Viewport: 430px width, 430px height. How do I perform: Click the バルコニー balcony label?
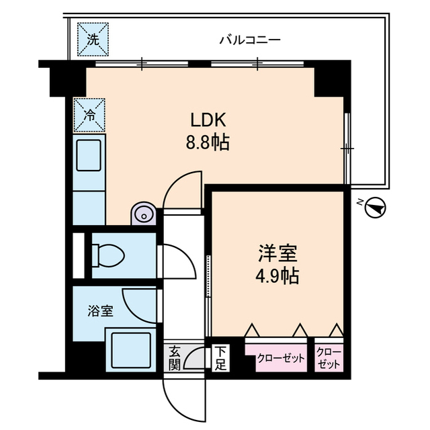[249, 40]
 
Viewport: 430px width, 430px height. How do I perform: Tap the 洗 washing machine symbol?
[93, 39]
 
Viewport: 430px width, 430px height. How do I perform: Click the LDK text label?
[210, 121]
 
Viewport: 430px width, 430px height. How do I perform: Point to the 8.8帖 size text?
[210, 142]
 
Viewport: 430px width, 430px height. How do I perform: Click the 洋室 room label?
[277, 254]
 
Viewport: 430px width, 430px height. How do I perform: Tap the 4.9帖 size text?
[277, 275]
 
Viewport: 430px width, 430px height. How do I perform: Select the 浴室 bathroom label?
[100, 311]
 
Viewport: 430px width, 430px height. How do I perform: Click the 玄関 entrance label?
[174, 357]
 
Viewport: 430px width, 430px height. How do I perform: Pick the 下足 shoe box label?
[220, 357]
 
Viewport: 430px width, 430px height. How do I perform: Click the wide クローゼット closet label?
[282, 357]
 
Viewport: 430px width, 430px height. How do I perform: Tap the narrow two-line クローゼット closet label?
[329, 357]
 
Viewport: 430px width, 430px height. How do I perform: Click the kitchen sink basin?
[89, 155]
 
